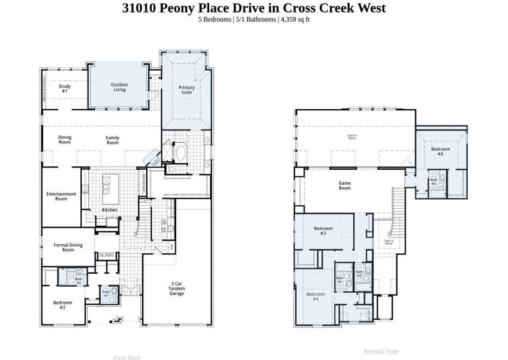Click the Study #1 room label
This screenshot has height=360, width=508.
tap(64, 88)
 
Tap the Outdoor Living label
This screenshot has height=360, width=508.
tap(119, 87)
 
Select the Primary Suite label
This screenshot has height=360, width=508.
tap(187, 90)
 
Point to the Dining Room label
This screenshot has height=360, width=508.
tap(65, 140)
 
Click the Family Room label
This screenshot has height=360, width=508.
tap(112, 140)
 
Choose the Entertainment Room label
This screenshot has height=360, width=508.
tap(61, 196)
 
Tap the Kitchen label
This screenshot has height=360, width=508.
tap(109, 210)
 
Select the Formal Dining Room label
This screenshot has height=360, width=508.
tap(68, 247)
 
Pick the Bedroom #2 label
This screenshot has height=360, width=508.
tap(63, 304)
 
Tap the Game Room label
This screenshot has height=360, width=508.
tap(344, 185)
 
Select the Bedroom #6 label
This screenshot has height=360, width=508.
tap(440, 151)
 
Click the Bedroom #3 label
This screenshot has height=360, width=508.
tap(323, 230)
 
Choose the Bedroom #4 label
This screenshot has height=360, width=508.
tap(315, 296)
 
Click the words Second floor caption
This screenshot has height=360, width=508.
tap(381, 352)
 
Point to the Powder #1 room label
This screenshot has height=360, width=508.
tap(106, 294)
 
